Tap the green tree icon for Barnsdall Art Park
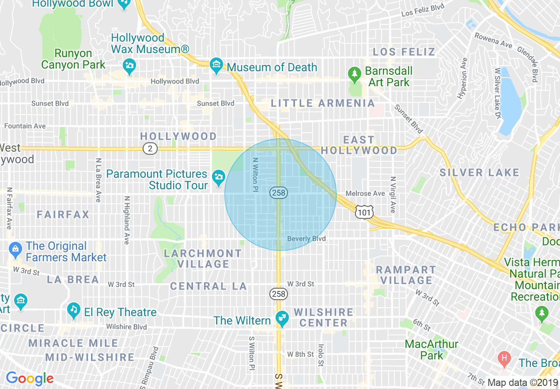[x=354, y=74]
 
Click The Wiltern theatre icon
[x=281, y=318]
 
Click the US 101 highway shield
[x=365, y=213]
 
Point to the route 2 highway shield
[x=150, y=149]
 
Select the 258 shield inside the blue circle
[x=278, y=193]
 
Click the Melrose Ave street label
[x=365, y=194]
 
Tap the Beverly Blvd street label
[x=306, y=239]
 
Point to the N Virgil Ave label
[x=392, y=195]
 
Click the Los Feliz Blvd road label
[x=422, y=11]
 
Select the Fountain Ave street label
[x=25, y=126]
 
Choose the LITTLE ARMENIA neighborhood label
[x=323, y=103]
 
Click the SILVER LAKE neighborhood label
[x=479, y=172]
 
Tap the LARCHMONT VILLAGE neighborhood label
[x=203, y=259]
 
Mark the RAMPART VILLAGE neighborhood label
[x=406, y=275]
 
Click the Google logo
[x=30, y=378]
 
